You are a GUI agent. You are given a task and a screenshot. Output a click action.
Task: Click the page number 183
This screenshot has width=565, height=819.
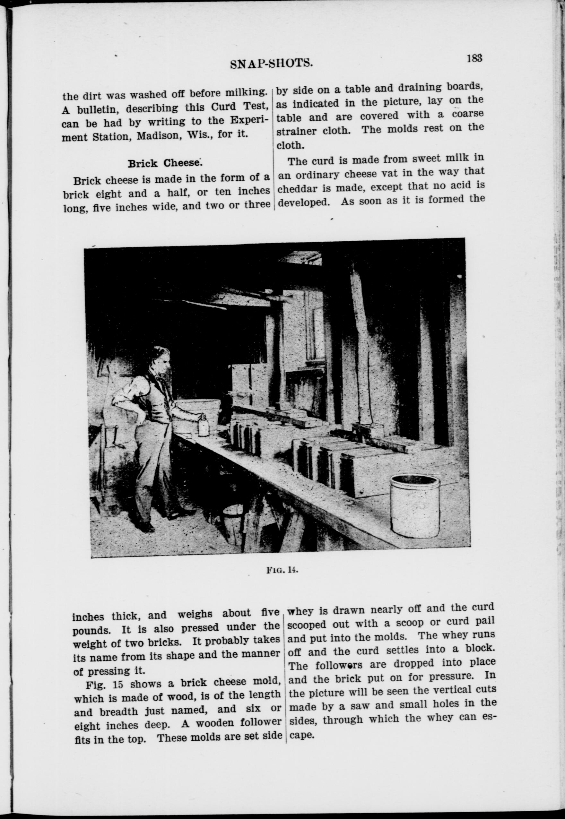[x=474, y=58]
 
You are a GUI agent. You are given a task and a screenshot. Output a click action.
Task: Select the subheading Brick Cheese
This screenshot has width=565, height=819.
[x=165, y=164]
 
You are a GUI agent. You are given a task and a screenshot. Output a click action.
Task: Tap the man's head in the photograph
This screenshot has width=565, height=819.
[x=161, y=361]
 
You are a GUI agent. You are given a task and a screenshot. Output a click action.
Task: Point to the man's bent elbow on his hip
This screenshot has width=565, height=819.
[x=118, y=402]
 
